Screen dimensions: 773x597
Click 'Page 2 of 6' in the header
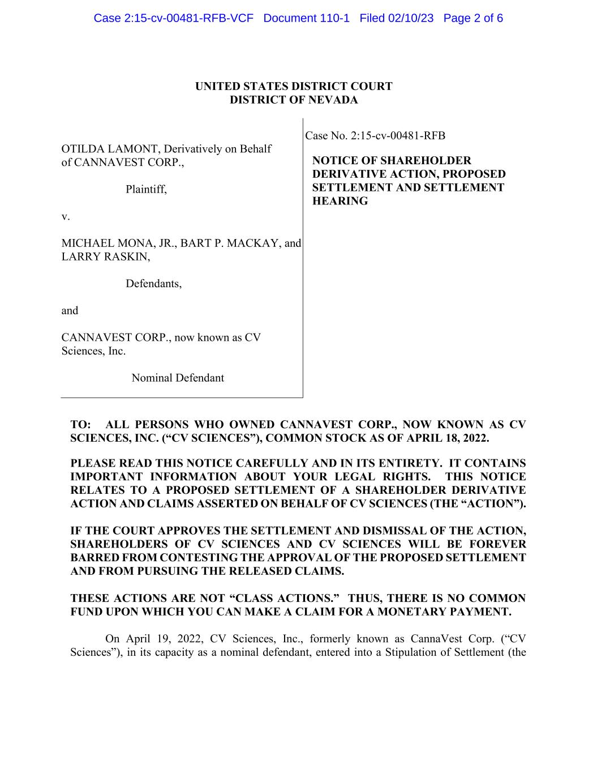click(x=473, y=18)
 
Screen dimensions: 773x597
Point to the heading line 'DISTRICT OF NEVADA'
click(x=294, y=100)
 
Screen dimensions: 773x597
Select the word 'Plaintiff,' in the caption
click(x=146, y=190)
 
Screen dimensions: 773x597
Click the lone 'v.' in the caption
click(x=65, y=216)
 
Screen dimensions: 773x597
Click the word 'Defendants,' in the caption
click(x=153, y=284)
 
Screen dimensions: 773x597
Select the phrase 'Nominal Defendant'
click(x=178, y=378)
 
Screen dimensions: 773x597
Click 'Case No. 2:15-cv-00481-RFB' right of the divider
click(x=375, y=136)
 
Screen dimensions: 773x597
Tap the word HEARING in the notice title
click(x=340, y=202)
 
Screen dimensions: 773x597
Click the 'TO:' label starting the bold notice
click(x=80, y=425)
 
